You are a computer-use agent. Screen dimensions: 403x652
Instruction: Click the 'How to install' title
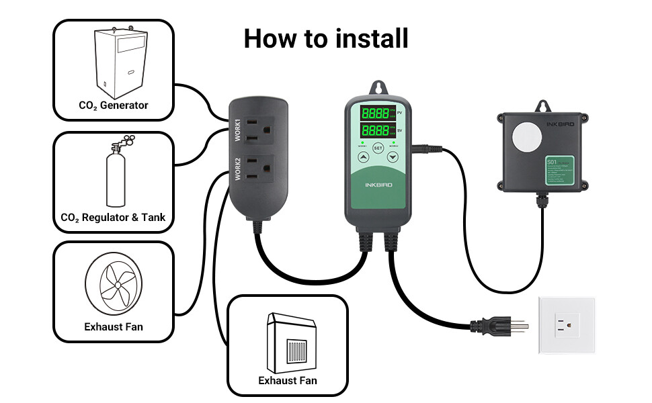(x=326, y=38)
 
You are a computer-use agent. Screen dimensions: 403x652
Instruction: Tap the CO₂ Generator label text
(x=113, y=105)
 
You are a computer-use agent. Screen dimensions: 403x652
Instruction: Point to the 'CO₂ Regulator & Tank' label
(x=113, y=218)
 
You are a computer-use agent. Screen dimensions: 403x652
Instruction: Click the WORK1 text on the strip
(x=237, y=128)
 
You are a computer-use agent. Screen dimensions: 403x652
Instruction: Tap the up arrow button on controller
(x=362, y=158)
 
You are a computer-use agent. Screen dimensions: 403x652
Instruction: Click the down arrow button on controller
(x=393, y=158)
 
